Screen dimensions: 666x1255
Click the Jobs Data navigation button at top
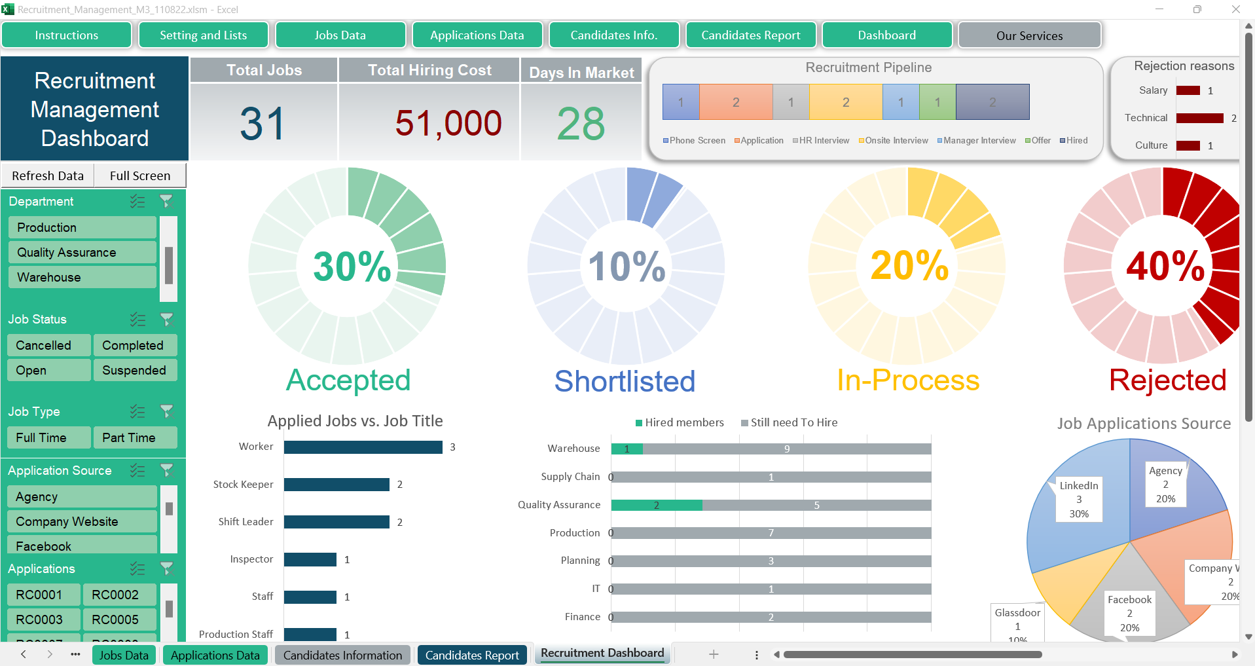[x=340, y=35]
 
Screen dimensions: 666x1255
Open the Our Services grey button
[x=1029, y=36]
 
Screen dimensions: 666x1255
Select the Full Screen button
[x=140, y=176]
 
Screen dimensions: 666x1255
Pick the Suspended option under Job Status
[x=134, y=370]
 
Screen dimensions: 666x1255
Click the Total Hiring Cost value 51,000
[x=448, y=123]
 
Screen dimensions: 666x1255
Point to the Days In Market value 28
[x=581, y=123]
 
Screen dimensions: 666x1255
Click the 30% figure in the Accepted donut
[x=352, y=266]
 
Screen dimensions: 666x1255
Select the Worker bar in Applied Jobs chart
[x=363, y=447]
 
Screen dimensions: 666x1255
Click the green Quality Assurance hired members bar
[x=656, y=505]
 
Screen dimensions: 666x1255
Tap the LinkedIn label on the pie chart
[x=1079, y=486]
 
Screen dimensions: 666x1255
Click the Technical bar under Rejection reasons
[x=1199, y=119]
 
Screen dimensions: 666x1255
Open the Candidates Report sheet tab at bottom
[x=472, y=655]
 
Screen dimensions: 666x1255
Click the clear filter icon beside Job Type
[x=167, y=411]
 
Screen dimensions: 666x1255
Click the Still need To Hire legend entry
[x=793, y=423]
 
